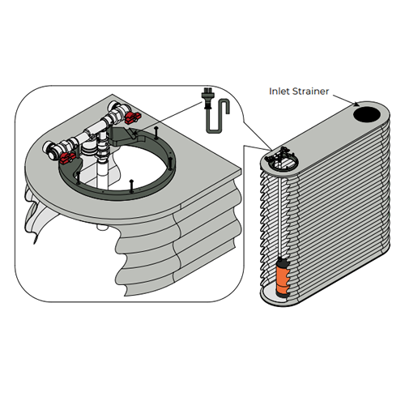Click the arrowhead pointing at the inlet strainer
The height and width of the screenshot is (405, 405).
(358, 103)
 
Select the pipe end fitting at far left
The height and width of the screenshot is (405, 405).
(52, 151)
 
